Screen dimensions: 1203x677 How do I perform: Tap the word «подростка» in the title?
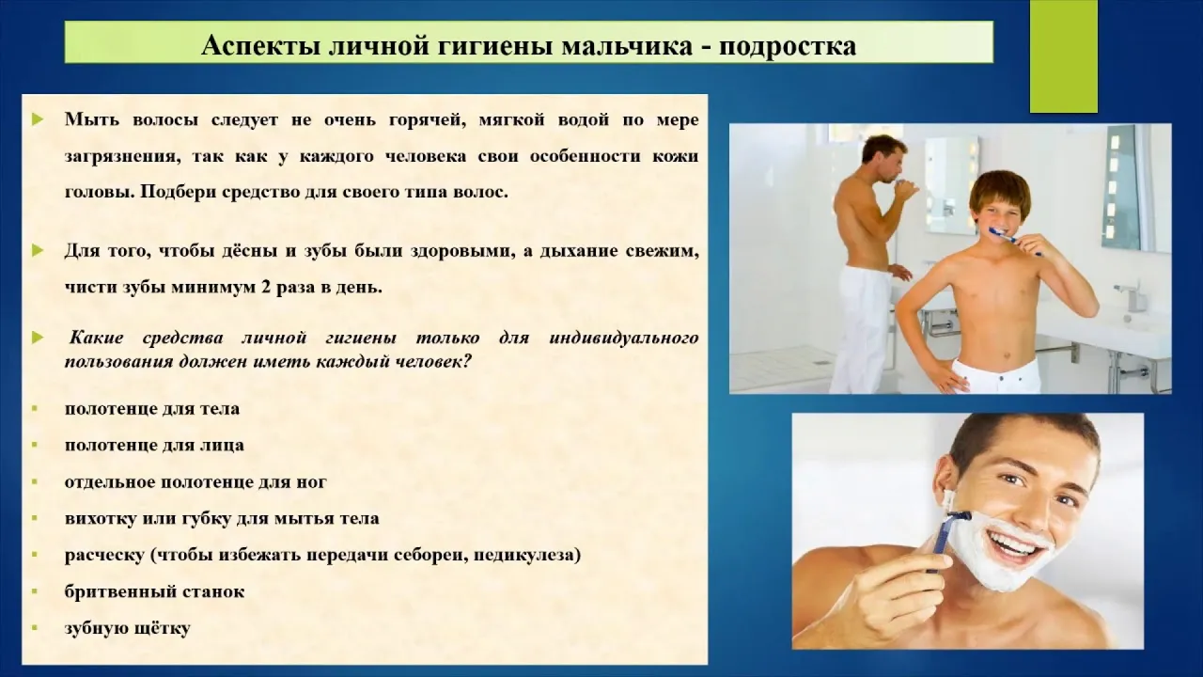[x=788, y=47]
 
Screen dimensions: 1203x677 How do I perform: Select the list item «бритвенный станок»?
[x=154, y=591]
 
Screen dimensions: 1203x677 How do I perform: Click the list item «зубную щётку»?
[x=127, y=628]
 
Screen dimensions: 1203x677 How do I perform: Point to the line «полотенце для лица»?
[x=154, y=446]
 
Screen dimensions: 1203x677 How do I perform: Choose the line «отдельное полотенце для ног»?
[x=195, y=482]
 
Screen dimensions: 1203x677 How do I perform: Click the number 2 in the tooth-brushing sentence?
[x=265, y=288]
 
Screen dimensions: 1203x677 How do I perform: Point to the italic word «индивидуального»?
[x=624, y=338]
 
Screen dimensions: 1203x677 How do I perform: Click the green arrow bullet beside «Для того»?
[x=38, y=250]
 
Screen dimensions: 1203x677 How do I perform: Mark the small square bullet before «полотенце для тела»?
[x=35, y=409]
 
